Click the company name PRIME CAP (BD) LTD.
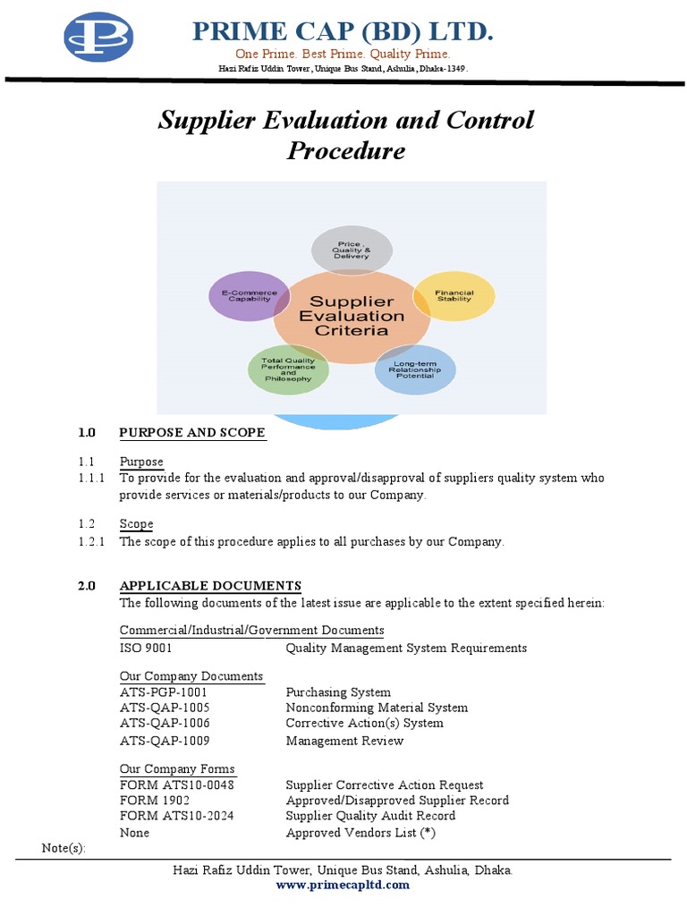tap(343, 32)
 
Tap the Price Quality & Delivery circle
tap(351, 250)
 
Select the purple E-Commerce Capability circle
tap(250, 295)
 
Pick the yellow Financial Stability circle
tap(454, 296)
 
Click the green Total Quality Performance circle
tap(288, 369)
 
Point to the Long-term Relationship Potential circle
tap(414, 370)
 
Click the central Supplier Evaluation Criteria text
tap(351, 316)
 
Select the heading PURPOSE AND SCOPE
tap(192, 433)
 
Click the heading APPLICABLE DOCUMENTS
tap(210, 586)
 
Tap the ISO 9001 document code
tap(146, 649)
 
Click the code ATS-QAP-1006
tap(165, 723)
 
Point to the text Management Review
tap(344, 741)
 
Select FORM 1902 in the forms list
tap(155, 801)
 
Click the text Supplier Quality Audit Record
tap(370, 816)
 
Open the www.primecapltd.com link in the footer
tap(343, 886)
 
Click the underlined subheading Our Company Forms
tap(177, 769)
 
